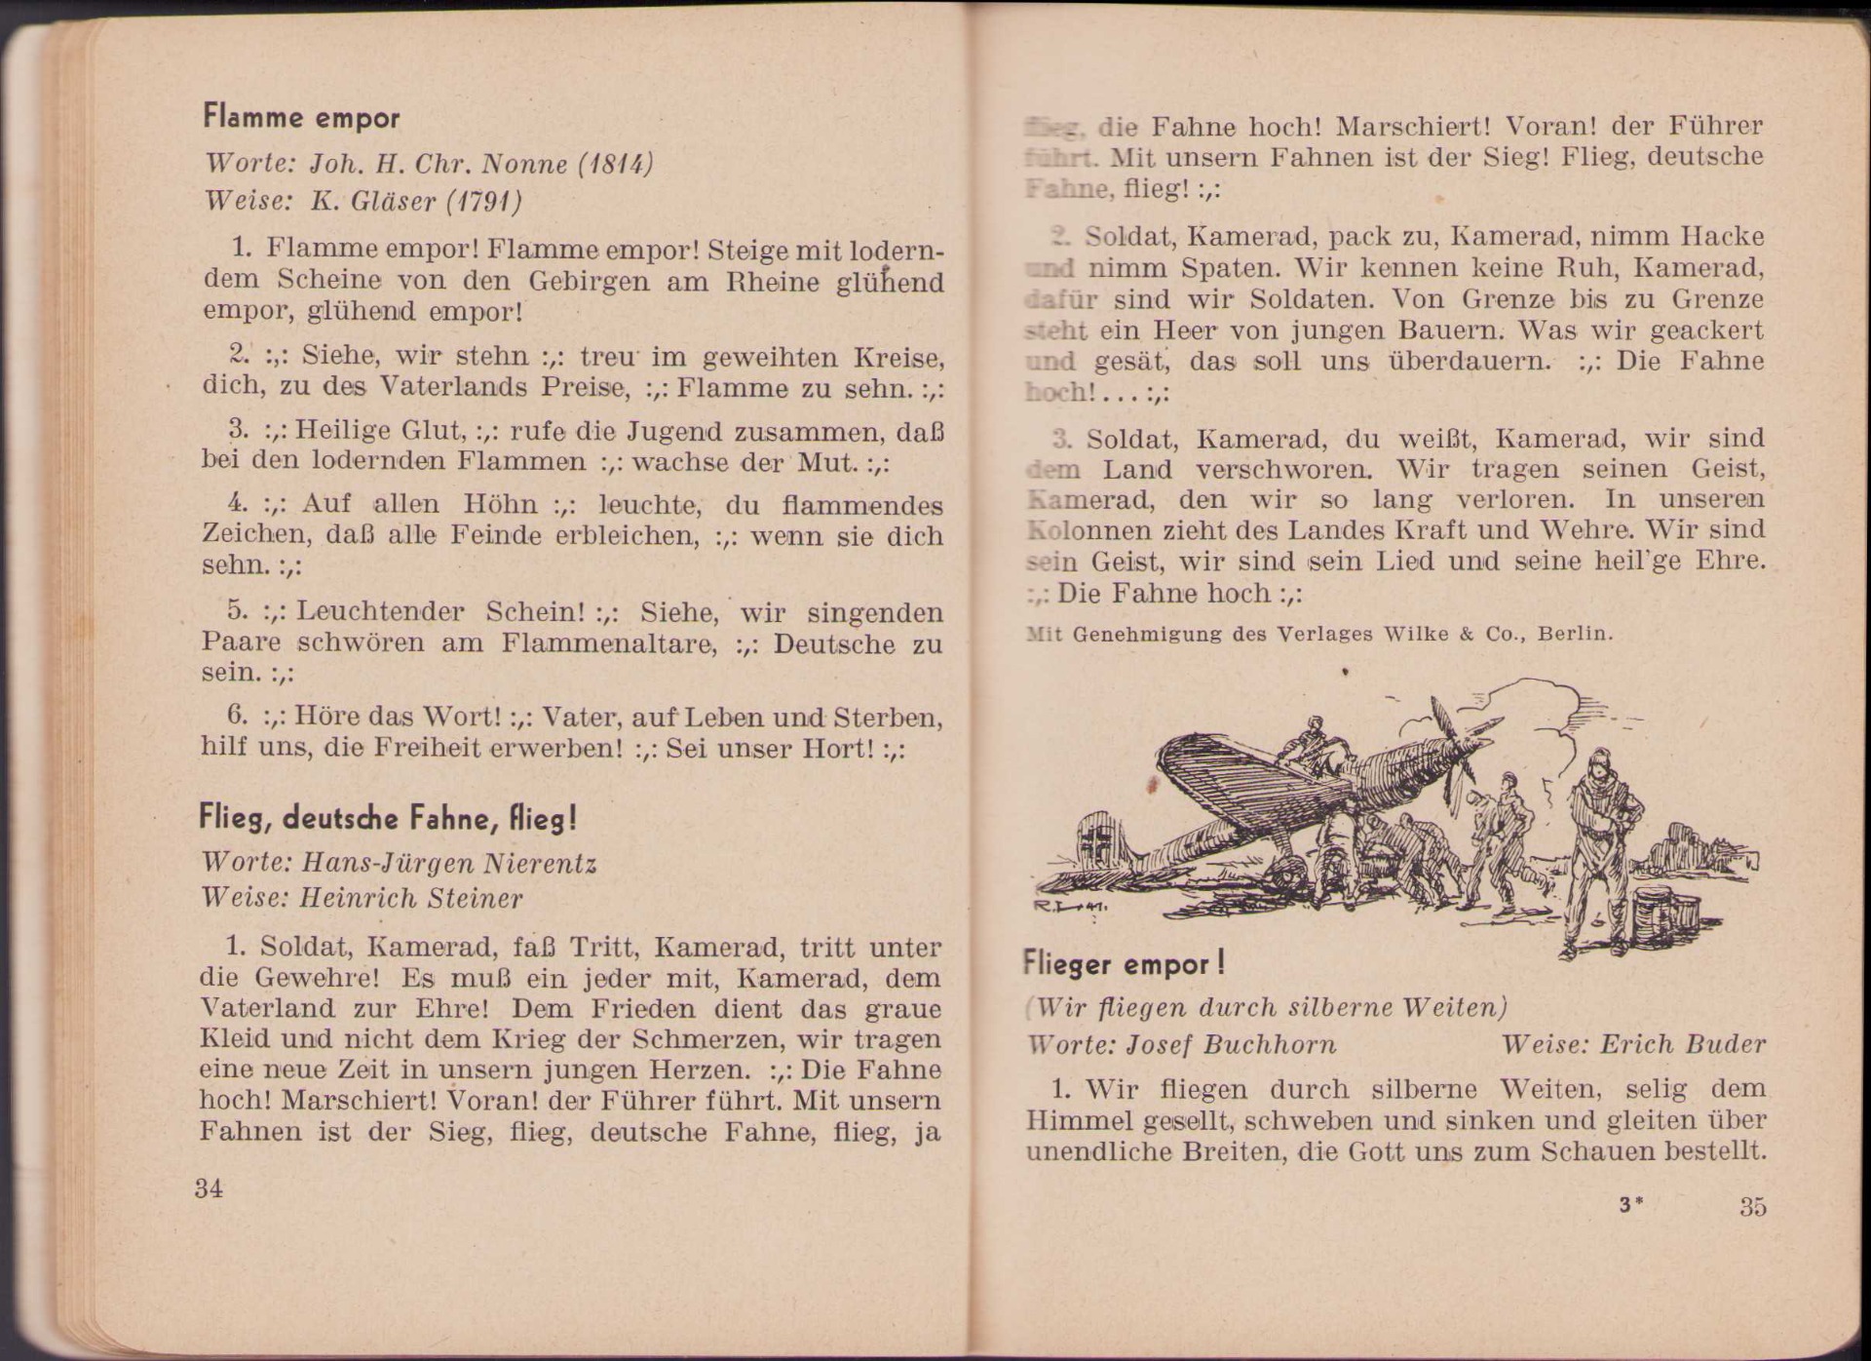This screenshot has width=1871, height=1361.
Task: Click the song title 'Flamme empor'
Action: [301, 118]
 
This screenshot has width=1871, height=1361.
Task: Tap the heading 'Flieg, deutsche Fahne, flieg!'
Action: [388, 818]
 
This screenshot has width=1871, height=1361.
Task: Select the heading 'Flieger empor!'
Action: [1123, 964]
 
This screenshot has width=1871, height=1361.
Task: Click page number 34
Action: [209, 1187]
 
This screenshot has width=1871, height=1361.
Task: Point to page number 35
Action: [1752, 1206]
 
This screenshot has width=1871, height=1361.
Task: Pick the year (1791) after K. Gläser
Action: [483, 201]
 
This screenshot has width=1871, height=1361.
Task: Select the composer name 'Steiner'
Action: [470, 898]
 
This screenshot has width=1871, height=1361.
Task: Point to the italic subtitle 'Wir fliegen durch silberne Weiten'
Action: [1269, 1007]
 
